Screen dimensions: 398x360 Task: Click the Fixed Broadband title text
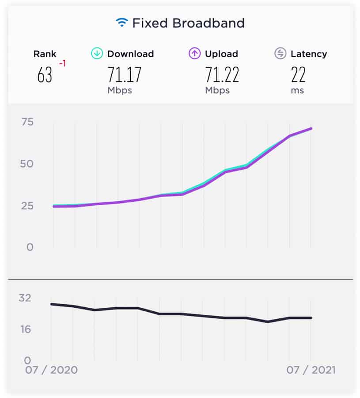[x=188, y=23]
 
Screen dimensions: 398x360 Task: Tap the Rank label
[x=45, y=54]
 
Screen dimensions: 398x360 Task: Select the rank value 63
[x=45, y=75]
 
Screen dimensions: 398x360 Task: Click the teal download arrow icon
[x=97, y=54]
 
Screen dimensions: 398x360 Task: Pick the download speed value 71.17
[x=125, y=75]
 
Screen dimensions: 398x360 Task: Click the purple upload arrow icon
[x=194, y=54]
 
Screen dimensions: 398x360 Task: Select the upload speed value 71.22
[x=222, y=75]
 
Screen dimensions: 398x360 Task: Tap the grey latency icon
[x=280, y=54]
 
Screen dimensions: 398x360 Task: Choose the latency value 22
[x=298, y=75]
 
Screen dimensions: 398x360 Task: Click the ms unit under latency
[x=298, y=90]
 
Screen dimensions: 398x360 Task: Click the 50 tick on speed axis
[x=27, y=164]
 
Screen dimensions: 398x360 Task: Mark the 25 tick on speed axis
[x=27, y=206]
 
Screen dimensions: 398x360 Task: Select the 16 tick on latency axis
[x=25, y=329]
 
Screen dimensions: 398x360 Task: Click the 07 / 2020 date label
[x=51, y=370]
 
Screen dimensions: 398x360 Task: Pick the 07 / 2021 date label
[x=311, y=370]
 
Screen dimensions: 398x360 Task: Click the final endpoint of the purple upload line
[x=311, y=129]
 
